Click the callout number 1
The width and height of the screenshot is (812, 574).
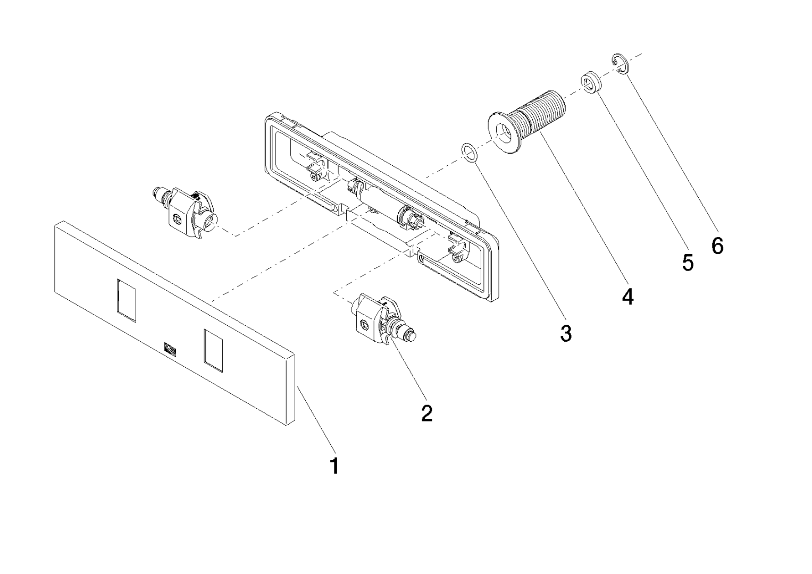(334, 466)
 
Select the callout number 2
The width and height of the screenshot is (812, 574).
(426, 413)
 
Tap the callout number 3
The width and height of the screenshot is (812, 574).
(566, 333)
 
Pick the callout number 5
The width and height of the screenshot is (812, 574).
(688, 262)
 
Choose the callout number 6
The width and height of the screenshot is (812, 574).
(717, 246)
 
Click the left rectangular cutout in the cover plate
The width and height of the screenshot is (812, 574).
(127, 300)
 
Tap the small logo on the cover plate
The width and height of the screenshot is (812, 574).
(170, 349)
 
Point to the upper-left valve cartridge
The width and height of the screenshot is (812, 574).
(186, 212)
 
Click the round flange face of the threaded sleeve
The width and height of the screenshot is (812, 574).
(503, 133)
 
